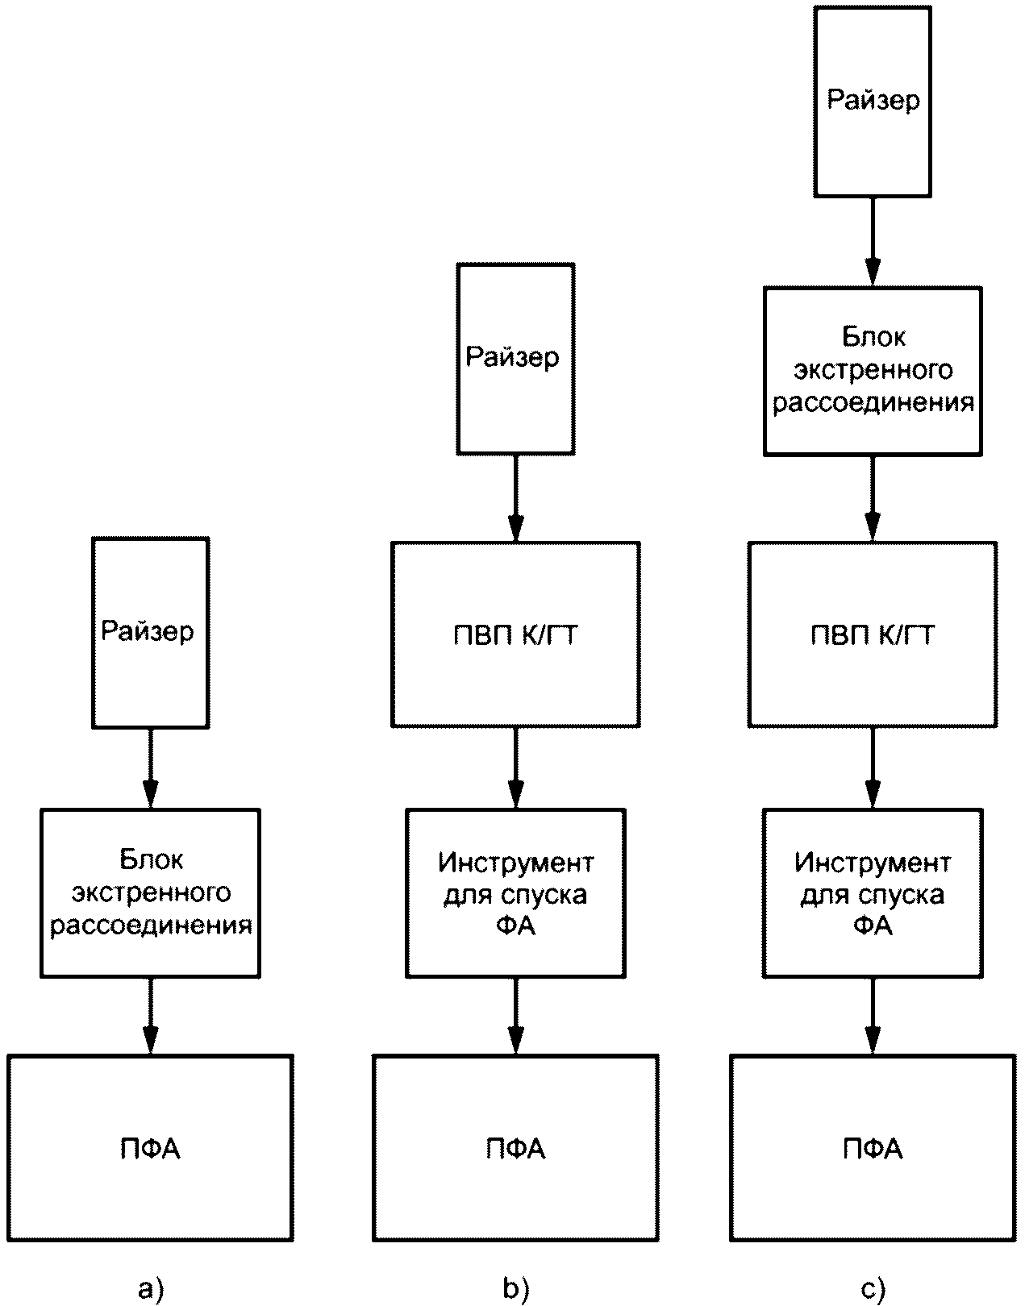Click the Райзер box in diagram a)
click(150, 633)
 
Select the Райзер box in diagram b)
click(515, 359)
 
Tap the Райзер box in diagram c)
click(873, 102)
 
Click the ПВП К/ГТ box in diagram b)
click(515, 634)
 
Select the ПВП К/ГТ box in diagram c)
click(873, 634)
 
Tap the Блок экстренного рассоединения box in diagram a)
click(150, 893)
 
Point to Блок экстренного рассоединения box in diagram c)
click(873, 372)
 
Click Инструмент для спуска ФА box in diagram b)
click(515, 893)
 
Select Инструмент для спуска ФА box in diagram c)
click(873, 893)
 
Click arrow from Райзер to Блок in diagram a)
click(150, 769)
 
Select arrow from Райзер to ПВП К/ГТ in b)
click(515, 498)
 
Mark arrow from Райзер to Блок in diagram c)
click(873, 242)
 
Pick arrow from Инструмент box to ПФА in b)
click(515, 1017)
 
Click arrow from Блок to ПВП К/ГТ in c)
click(873, 499)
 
